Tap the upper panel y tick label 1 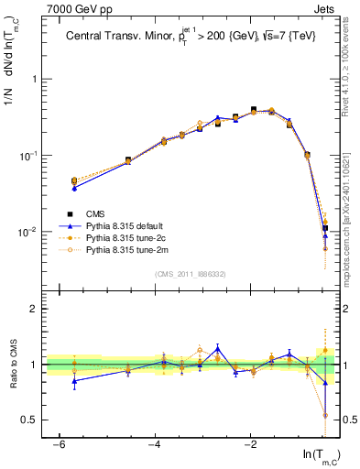coord(35,80)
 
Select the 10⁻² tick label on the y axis coord(30,232)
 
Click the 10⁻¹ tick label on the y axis coord(30,156)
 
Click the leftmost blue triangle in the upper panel coord(74,187)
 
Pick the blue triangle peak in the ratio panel coord(217,348)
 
